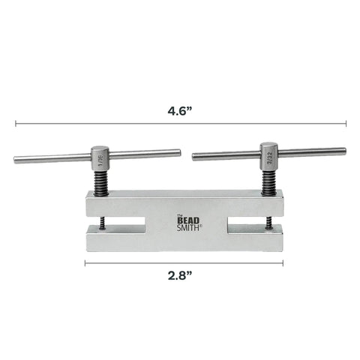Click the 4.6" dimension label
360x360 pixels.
coord(180,111)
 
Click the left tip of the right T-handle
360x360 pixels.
coord(194,157)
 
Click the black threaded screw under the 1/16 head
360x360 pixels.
coord(100,181)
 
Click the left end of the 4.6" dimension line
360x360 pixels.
coord(15,123)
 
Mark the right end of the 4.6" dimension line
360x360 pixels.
coord(346,123)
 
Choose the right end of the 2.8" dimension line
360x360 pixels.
coord(283,262)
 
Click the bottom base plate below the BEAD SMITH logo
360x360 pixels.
coord(184,242)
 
